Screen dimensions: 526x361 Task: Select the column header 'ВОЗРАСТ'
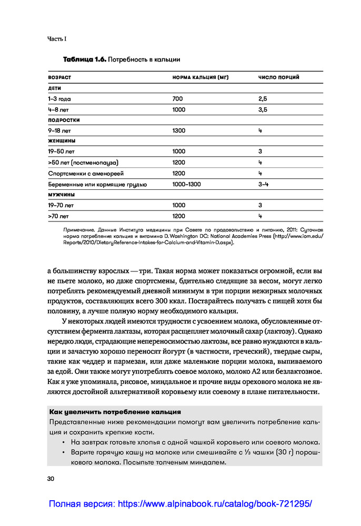pos(59,77)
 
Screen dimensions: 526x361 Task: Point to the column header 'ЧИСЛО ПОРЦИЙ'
pos(278,77)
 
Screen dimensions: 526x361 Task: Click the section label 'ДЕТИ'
pos(54,88)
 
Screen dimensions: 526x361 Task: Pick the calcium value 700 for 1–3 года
pos(177,99)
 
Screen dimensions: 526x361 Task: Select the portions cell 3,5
pos(263,109)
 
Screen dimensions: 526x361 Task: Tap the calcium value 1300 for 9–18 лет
pos(179,130)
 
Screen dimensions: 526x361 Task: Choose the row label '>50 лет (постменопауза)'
pos(83,163)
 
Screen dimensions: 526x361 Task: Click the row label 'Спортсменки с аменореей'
pos(84,173)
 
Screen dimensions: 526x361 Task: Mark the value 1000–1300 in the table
pos(186,184)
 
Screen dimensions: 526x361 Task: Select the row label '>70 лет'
pos(58,216)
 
